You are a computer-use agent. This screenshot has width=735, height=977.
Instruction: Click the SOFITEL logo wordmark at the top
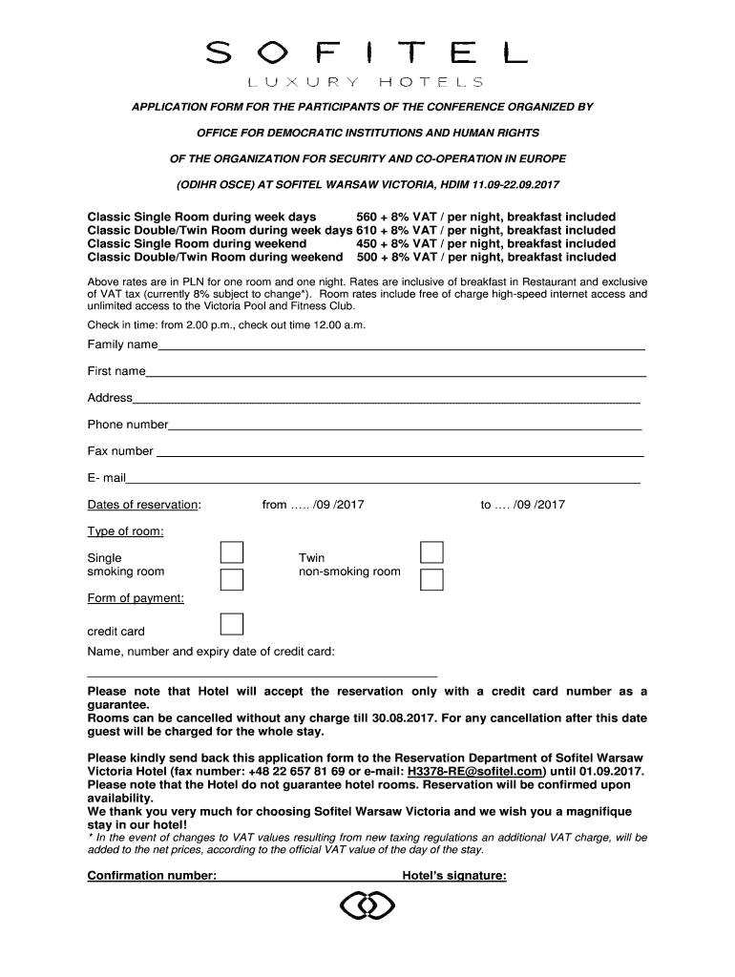[x=367, y=52]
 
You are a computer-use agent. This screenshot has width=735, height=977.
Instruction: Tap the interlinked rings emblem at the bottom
[x=367, y=906]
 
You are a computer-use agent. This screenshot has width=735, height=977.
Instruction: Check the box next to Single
[x=232, y=552]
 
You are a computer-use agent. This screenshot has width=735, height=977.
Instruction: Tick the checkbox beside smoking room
[x=232, y=579]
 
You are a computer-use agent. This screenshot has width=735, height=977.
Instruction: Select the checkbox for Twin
[x=432, y=552]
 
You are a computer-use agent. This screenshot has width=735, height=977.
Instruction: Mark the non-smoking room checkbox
[x=432, y=579]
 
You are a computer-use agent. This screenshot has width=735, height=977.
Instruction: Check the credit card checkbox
[x=232, y=625]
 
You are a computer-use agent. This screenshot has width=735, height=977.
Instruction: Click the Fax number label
[x=120, y=451]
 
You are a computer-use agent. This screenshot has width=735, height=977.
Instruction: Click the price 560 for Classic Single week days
[x=367, y=217]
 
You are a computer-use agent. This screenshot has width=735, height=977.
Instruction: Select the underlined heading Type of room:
[x=125, y=531]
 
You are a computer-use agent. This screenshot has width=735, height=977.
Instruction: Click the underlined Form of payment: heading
[x=136, y=598]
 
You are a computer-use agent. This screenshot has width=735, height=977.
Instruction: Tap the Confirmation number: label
[x=152, y=876]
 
